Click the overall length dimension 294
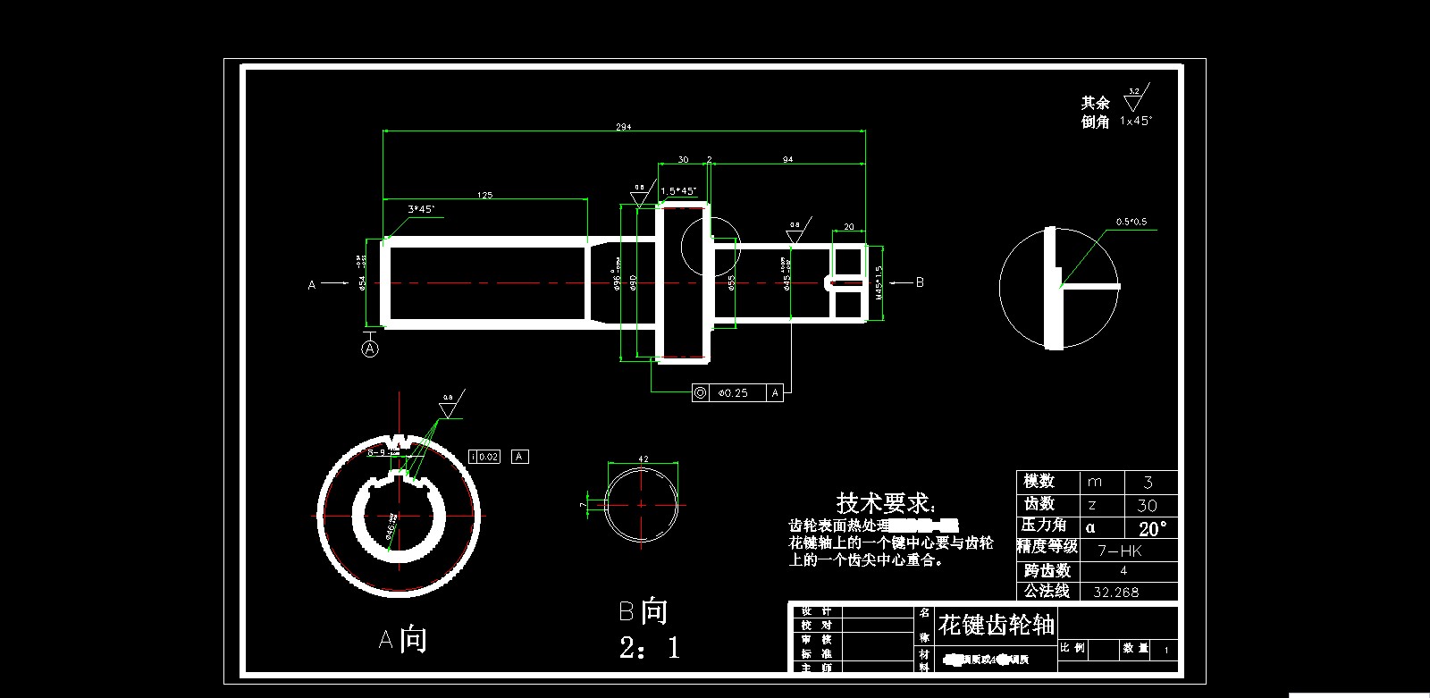tap(623, 127)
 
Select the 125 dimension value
tap(484, 194)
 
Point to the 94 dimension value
tap(787, 159)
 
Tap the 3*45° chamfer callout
tap(421, 209)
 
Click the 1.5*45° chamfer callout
tap(678, 190)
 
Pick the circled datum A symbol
tap(370, 349)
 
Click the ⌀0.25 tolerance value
tap(733, 392)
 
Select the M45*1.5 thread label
tap(879, 282)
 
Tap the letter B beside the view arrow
tap(920, 282)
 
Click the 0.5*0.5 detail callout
tap(1131, 222)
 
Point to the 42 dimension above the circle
tap(643, 458)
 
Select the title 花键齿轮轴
tap(997, 624)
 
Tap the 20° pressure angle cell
tap(1152, 528)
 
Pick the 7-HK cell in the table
tap(1119, 551)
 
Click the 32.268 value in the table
tap(1115, 592)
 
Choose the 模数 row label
tap(1039, 481)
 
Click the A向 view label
tap(402, 639)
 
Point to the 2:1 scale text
tap(649, 647)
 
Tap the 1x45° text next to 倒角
tap(1136, 121)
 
